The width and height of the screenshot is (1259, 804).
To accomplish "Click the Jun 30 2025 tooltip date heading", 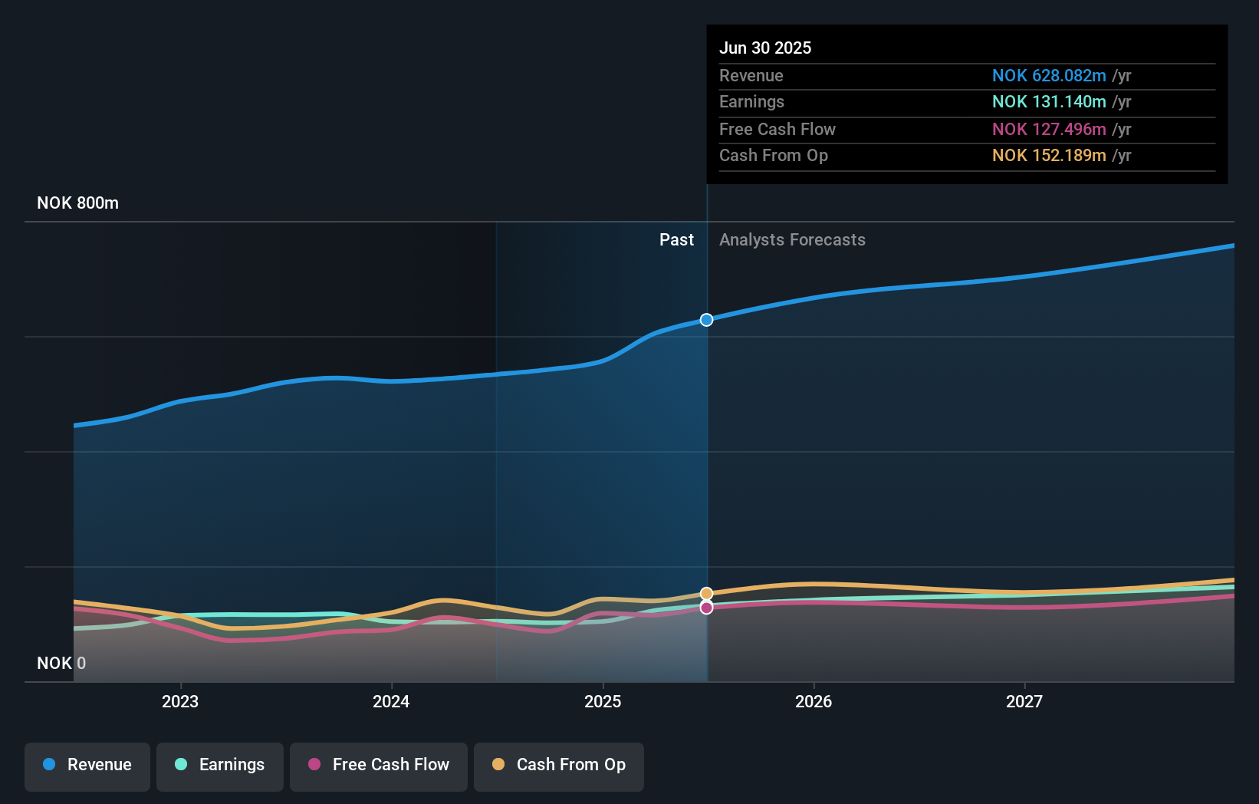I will pyautogui.click(x=764, y=48).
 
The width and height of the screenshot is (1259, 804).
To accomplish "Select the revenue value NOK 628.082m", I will pyautogui.click(x=1048, y=75).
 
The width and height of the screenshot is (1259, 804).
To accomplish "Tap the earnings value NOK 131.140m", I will pyautogui.click(x=1048, y=101).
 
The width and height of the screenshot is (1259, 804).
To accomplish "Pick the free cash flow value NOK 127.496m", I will pyautogui.click(x=1048, y=129).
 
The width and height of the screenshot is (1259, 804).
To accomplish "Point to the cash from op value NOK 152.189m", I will pyautogui.click(x=1048, y=155).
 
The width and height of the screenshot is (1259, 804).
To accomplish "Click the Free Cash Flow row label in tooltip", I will pyautogui.click(x=777, y=129).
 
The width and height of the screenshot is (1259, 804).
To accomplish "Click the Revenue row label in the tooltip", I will pyautogui.click(x=751, y=75).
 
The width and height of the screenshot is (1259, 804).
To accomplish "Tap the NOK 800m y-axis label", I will pyautogui.click(x=77, y=203).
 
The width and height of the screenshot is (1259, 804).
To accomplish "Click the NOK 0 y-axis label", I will pyautogui.click(x=61, y=663).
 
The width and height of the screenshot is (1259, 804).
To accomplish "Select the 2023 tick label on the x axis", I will pyautogui.click(x=180, y=701).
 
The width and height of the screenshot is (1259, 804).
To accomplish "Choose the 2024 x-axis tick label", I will pyautogui.click(x=391, y=701).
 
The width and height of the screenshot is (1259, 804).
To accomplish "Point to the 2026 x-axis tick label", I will pyautogui.click(x=814, y=701).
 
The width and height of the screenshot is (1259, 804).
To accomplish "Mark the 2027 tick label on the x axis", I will pyautogui.click(x=1024, y=701).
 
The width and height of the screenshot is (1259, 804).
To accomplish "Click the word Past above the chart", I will pyautogui.click(x=676, y=239).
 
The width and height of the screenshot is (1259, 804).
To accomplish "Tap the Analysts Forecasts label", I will pyautogui.click(x=792, y=239).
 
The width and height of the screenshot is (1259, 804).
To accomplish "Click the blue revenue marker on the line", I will pyautogui.click(x=707, y=320).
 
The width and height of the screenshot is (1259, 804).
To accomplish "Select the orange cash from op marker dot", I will pyautogui.click(x=707, y=594).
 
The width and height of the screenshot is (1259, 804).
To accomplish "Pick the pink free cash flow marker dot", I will pyautogui.click(x=707, y=608).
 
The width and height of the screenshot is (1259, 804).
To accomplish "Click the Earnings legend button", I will pyautogui.click(x=220, y=765).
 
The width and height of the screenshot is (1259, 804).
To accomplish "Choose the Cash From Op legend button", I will pyautogui.click(x=559, y=765).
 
